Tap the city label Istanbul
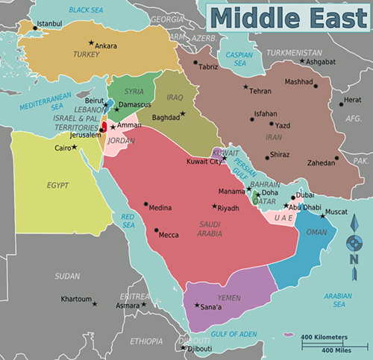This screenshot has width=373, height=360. coord(50,24)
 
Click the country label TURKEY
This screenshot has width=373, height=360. coord(87,54)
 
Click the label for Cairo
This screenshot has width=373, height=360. coord(62,148)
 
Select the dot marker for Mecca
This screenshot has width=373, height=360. coord(157,234)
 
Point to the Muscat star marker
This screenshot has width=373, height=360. coord(323,216)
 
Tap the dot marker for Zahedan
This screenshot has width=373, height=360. coord(337,158)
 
